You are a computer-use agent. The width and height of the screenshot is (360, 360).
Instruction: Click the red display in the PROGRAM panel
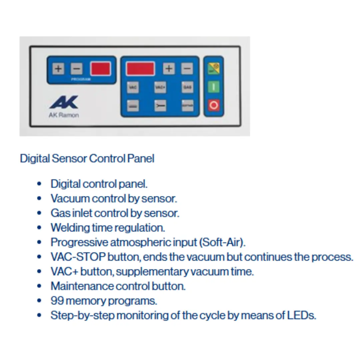tap(100, 69)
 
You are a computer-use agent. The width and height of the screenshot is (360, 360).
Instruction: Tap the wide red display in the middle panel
tap(140, 69)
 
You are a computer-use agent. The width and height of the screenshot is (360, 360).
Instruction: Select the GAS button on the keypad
tap(187, 87)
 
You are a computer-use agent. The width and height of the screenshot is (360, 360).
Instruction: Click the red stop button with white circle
tap(214, 105)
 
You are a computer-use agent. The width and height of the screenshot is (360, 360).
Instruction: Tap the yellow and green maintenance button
tap(214, 69)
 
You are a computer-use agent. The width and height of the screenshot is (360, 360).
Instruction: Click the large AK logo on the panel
tap(64, 102)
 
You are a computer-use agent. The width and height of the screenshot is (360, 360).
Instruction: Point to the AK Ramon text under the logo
tap(64, 116)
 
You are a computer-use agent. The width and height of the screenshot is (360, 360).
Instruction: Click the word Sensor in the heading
tap(69, 158)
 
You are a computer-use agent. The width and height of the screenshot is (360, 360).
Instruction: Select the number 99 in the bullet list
tap(57, 301)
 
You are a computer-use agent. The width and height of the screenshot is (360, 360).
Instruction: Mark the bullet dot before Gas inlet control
tap(40, 213)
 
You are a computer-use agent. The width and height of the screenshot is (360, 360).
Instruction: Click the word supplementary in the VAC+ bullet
tap(152, 272)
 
